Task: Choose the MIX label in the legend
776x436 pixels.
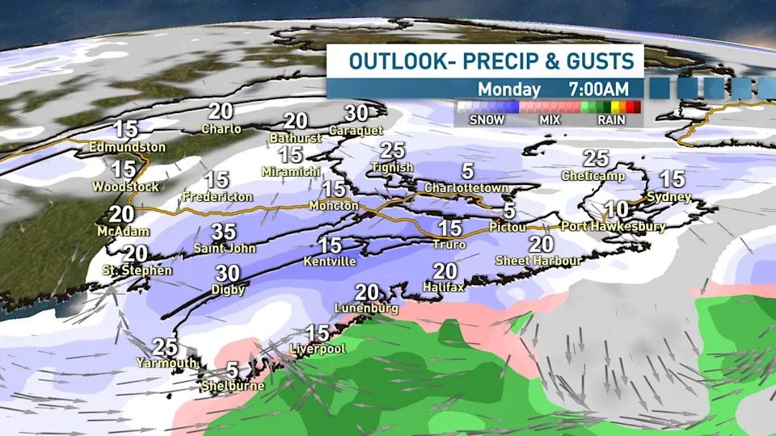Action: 550,120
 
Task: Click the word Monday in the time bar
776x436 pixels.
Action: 508,88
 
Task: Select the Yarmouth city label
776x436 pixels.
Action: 167,363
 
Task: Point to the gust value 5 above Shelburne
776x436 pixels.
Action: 232,370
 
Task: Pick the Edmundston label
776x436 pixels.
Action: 129,148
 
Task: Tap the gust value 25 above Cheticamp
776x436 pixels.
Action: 596,158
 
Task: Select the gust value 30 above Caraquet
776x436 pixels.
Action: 356,113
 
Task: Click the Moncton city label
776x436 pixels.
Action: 333,207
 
